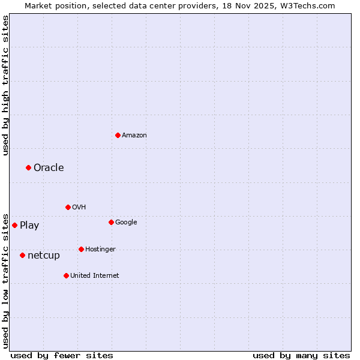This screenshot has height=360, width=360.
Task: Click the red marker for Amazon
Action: (x=118, y=135)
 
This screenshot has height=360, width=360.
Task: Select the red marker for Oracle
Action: (x=28, y=167)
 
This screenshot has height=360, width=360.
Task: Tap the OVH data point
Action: (x=68, y=207)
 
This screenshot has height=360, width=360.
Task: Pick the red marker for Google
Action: (x=111, y=222)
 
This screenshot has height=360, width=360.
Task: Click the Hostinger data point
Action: (x=81, y=249)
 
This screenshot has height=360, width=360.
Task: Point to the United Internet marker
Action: (x=66, y=275)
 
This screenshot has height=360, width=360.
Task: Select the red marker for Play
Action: (x=14, y=225)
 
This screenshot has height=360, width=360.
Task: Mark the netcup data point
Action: (x=22, y=255)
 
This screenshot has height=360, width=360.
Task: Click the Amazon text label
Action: (x=134, y=136)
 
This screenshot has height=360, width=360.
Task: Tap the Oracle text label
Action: (x=49, y=167)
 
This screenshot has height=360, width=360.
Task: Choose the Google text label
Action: (x=126, y=222)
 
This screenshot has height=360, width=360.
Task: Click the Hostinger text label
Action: (x=100, y=249)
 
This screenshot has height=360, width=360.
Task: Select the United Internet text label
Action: (x=95, y=275)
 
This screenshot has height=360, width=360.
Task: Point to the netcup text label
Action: (x=44, y=256)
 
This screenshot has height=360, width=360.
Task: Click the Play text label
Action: (x=29, y=226)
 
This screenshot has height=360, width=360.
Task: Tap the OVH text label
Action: (x=79, y=207)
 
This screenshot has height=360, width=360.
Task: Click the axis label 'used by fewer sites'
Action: (x=62, y=355)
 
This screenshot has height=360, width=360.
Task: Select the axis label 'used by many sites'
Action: (x=301, y=355)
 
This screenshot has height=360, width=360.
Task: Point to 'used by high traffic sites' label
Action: (x=6, y=85)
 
